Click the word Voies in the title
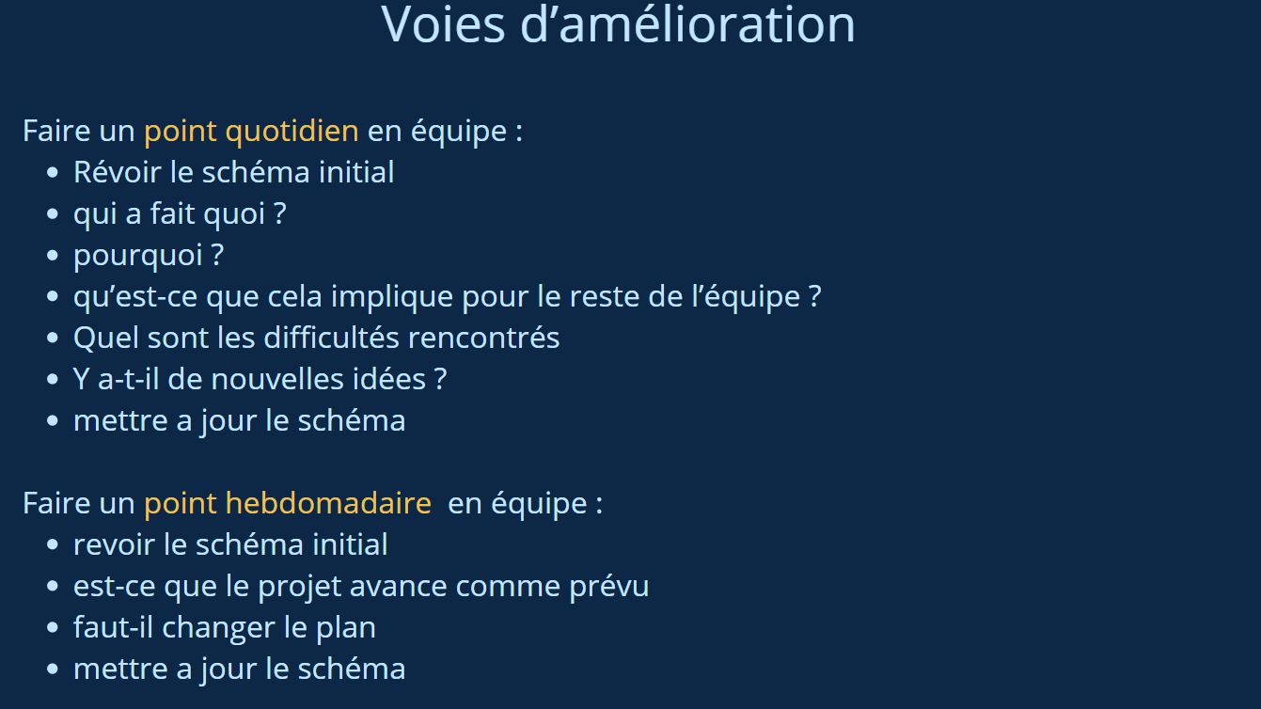tap(443, 24)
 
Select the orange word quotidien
tap(292, 133)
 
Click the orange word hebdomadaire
tap(328, 502)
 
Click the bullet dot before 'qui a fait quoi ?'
tap(53, 214)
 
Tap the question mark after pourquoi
tap(217, 255)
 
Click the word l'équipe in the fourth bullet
tap(746, 298)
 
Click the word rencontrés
tap(483, 338)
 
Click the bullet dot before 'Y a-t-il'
tap(53, 380)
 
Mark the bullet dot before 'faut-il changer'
tap(53, 628)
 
